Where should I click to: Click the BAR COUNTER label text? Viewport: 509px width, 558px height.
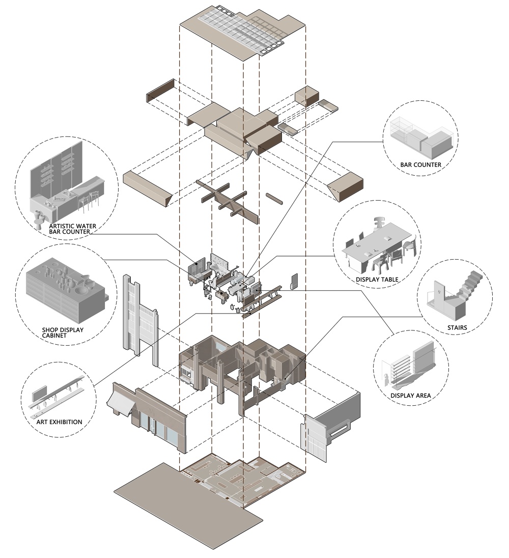coord(420,165)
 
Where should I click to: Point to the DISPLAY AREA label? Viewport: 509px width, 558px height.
coord(411,395)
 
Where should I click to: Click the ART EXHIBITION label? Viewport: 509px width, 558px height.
coord(59,422)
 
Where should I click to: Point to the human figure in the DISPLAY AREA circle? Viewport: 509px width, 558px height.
coord(388,379)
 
